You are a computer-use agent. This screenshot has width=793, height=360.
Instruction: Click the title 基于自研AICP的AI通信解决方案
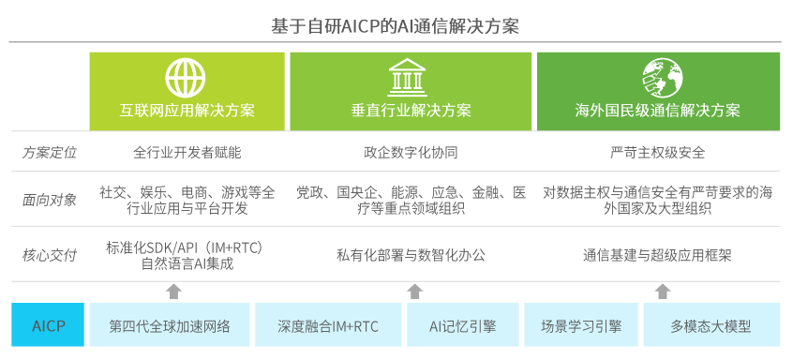(x=395, y=25)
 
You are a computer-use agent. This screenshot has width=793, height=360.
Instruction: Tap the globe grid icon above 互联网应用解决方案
(x=186, y=78)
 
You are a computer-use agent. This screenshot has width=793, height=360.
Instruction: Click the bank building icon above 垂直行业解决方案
(x=407, y=78)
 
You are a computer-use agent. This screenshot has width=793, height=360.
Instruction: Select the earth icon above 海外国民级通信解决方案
(x=663, y=78)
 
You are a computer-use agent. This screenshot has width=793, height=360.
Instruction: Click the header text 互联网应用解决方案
(x=187, y=111)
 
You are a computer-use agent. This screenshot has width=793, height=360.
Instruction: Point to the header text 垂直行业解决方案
(x=411, y=111)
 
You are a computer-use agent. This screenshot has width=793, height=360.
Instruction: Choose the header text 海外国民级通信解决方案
(x=657, y=111)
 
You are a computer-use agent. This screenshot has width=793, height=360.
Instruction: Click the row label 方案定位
(x=49, y=153)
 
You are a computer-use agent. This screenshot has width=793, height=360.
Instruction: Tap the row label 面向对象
(x=49, y=200)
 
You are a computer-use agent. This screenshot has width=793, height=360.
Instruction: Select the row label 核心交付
(x=49, y=255)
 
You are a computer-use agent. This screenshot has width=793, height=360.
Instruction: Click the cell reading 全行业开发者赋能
(x=187, y=153)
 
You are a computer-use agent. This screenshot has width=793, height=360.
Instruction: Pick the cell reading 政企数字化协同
(x=411, y=153)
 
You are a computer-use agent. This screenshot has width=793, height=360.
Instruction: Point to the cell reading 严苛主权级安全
(x=657, y=153)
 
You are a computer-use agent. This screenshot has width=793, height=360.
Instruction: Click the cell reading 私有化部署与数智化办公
(x=411, y=255)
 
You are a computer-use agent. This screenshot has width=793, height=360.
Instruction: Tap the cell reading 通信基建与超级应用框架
(x=657, y=255)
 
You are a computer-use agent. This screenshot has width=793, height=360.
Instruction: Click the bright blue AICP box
(x=48, y=324)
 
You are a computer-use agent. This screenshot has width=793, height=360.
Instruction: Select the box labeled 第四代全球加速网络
(x=170, y=324)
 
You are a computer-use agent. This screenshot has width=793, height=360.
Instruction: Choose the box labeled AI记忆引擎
(x=463, y=324)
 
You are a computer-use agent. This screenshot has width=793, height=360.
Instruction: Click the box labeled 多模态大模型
(x=711, y=324)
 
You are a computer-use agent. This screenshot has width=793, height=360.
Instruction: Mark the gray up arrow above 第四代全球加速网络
(x=173, y=292)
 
